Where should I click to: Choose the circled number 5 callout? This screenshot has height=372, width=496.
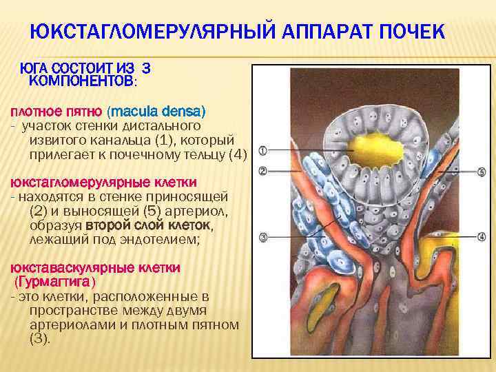tap(482, 172)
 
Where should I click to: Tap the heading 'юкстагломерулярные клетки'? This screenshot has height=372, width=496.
tap(103, 183)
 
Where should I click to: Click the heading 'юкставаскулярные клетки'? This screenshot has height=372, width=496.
tap(94, 267)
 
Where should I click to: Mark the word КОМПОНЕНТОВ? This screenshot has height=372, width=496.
tap(81, 81)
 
